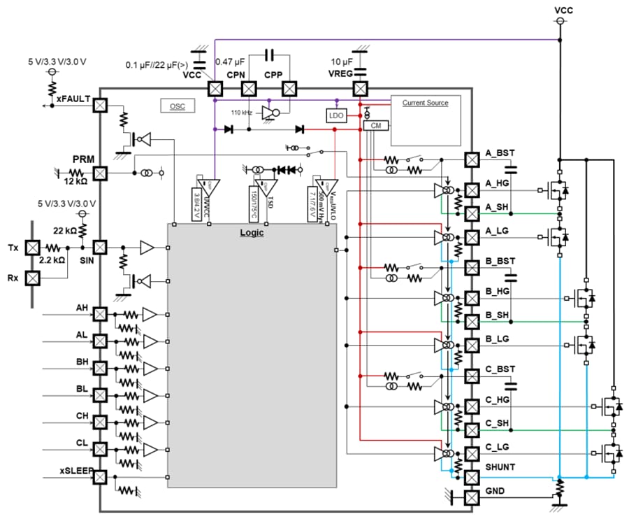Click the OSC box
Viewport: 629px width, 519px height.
[x=178, y=106]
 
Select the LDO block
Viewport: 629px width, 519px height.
[x=335, y=115]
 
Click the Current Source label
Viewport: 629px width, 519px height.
[x=425, y=103]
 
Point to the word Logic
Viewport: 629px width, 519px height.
[x=252, y=233]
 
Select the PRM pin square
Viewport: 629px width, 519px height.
[x=100, y=173]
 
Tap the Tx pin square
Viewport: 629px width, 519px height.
[x=31, y=248]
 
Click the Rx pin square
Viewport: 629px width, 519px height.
[x=31, y=278]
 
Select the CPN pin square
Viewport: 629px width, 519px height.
[x=249, y=89]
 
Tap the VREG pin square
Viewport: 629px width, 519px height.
[x=360, y=89]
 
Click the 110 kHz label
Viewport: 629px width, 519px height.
[x=242, y=111]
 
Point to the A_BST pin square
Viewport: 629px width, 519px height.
[x=472, y=159]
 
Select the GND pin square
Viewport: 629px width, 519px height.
[x=472, y=497]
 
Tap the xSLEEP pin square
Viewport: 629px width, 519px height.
[x=100, y=477]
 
